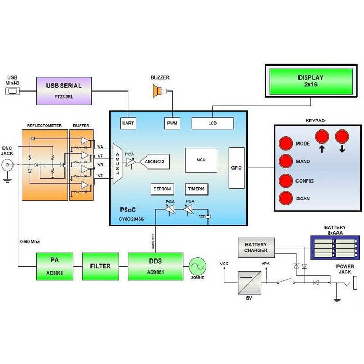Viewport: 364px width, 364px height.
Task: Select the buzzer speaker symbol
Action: click(x=156, y=92)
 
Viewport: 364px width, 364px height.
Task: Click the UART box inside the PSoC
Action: click(x=127, y=123)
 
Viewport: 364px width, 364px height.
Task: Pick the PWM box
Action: click(x=172, y=123)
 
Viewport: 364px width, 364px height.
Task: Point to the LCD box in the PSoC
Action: click(x=213, y=123)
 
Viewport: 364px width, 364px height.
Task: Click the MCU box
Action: click(x=201, y=159)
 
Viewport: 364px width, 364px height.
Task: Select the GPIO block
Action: click(x=236, y=167)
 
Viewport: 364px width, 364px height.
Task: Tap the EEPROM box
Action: click(x=162, y=189)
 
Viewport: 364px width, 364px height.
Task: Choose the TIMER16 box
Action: click(x=197, y=189)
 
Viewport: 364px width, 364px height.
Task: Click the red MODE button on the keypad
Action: click(x=286, y=143)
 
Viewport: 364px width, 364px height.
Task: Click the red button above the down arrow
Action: click(x=342, y=137)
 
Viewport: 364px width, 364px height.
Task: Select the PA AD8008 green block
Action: click(x=55, y=266)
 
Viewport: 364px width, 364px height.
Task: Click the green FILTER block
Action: click(x=100, y=266)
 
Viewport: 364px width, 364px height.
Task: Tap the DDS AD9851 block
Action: click(x=155, y=266)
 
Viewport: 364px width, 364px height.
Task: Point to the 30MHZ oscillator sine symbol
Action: click(x=198, y=266)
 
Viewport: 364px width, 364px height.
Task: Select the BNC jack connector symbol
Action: click(x=8, y=166)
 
